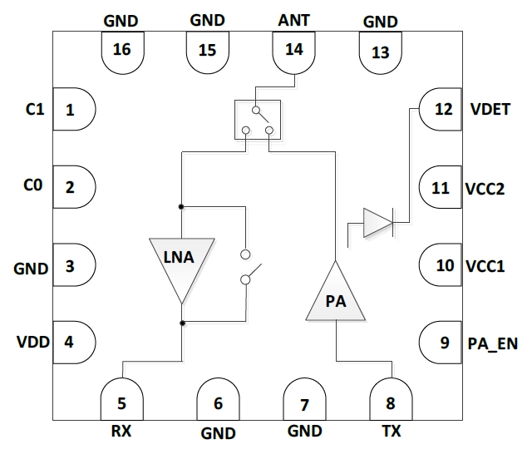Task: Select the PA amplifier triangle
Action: [x=337, y=297]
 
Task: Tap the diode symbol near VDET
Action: [x=377, y=223]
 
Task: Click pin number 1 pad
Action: [x=72, y=109]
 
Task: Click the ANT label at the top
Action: [x=293, y=19]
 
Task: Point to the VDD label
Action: [x=32, y=341]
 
